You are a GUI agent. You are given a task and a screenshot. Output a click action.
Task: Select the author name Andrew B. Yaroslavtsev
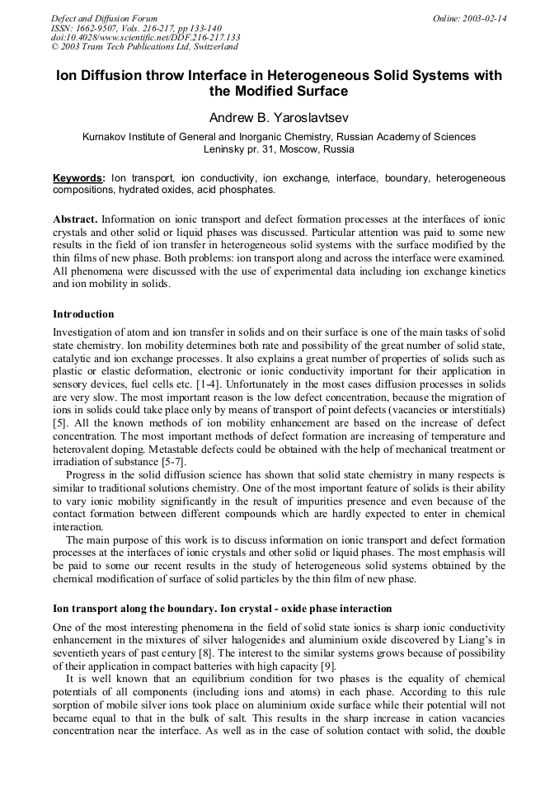279,117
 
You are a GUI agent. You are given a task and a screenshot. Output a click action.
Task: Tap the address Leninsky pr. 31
239,149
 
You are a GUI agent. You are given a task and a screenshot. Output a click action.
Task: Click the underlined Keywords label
78,177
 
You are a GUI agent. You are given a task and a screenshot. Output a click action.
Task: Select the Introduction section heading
83,314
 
